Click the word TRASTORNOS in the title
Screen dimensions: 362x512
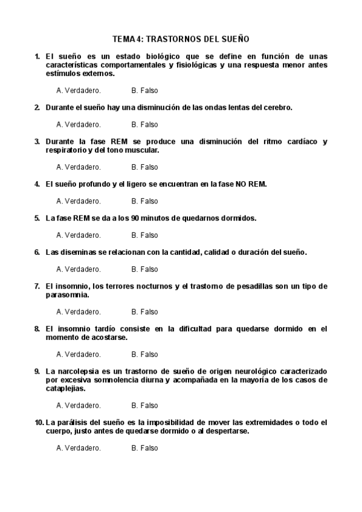coord(172,39)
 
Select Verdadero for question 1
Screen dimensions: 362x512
coord(79,91)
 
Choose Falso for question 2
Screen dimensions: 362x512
coord(144,124)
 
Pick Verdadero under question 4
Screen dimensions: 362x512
coord(79,201)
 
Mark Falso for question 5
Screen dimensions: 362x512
coord(144,235)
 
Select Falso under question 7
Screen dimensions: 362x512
coord(144,312)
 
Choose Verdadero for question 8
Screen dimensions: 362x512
coord(79,354)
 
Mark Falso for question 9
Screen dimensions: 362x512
coord(144,405)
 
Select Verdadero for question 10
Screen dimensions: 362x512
coord(79,448)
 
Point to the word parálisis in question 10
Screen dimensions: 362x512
coord(74,422)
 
